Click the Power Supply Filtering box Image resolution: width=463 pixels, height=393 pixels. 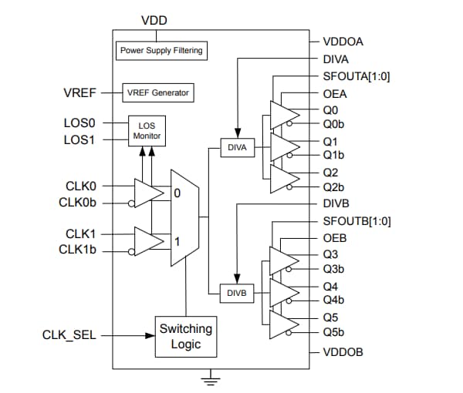161,51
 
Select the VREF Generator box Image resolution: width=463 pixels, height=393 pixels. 157,92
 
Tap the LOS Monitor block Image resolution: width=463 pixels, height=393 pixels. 146,129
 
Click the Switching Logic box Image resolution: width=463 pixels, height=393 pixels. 185,335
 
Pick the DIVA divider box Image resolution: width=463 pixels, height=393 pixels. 237,146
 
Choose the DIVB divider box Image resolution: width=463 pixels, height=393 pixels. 237,293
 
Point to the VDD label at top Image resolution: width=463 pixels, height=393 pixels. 154,19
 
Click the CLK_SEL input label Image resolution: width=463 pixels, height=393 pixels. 69,335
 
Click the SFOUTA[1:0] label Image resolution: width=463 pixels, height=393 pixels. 356,76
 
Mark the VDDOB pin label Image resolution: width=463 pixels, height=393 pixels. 343,351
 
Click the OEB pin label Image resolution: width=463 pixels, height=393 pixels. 334,238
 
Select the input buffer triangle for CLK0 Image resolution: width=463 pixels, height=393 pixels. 147,193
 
